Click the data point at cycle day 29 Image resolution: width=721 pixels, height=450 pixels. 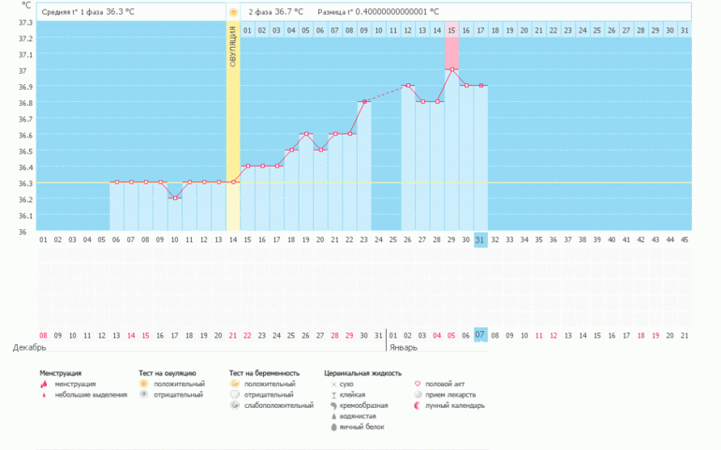[x=451, y=69]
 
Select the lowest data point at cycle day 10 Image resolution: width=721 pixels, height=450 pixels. [x=174, y=198]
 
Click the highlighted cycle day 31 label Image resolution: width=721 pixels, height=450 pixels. [x=480, y=240]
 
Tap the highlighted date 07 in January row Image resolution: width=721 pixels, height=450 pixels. [x=480, y=334]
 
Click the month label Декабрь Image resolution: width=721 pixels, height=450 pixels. [x=29, y=347]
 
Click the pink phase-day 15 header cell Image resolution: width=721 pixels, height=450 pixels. [x=451, y=30]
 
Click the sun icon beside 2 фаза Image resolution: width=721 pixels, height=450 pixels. [x=233, y=11]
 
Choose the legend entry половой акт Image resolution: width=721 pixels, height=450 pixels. [x=445, y=384]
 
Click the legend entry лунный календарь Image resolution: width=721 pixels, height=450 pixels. [x=454, y=405]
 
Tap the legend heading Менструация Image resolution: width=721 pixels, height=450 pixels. [x=60, y=372]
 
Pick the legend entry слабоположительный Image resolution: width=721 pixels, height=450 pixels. [x=278, y=405]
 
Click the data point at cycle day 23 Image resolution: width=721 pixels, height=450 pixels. [x=363, y=101]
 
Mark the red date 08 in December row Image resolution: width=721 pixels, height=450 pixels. [x=43, y=334]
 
